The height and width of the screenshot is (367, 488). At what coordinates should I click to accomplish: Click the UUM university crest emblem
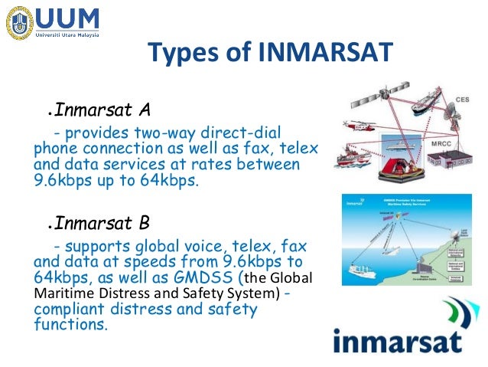(19, 23)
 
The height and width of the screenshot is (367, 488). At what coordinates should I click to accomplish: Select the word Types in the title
(180, 54)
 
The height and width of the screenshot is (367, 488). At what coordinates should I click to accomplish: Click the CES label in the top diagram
(461, 99)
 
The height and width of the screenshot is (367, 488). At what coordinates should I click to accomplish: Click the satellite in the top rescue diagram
(364, 100)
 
